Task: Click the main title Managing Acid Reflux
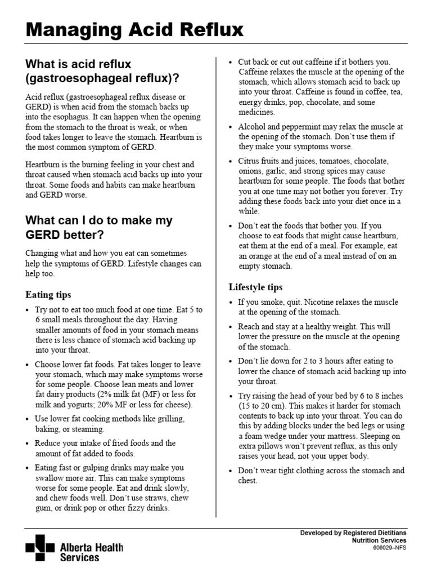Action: pos(135,29)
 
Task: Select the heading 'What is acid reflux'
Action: pos(78,64)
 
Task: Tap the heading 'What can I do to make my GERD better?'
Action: pos(99,220)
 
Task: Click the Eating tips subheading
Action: pos(48,295)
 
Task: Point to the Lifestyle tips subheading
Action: pos(255,287)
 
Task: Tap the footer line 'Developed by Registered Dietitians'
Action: pos(353,532)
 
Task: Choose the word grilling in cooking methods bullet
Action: pos(169,419)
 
